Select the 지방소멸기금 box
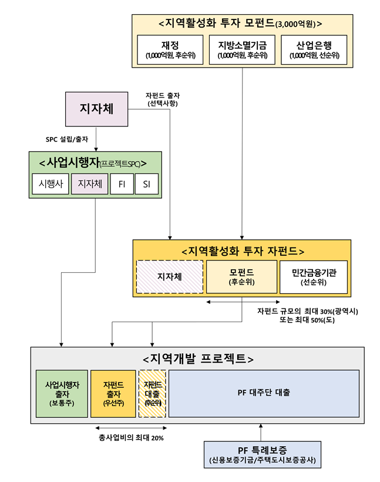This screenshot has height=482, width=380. tap(242, 51)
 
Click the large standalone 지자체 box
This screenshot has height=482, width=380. tap(96, 109)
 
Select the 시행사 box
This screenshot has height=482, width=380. tap(50, 184)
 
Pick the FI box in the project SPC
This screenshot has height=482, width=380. tap(122, 184)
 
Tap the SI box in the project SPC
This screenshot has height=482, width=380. tap(146, 184)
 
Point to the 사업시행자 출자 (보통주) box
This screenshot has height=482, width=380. tap(62, 393)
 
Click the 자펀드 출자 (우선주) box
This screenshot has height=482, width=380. tap(112, 393)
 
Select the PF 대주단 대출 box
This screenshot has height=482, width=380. tap(264, 393)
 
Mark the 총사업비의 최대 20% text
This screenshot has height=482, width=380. tap(132, 438)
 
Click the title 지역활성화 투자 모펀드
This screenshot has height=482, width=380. tap(241, 24)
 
